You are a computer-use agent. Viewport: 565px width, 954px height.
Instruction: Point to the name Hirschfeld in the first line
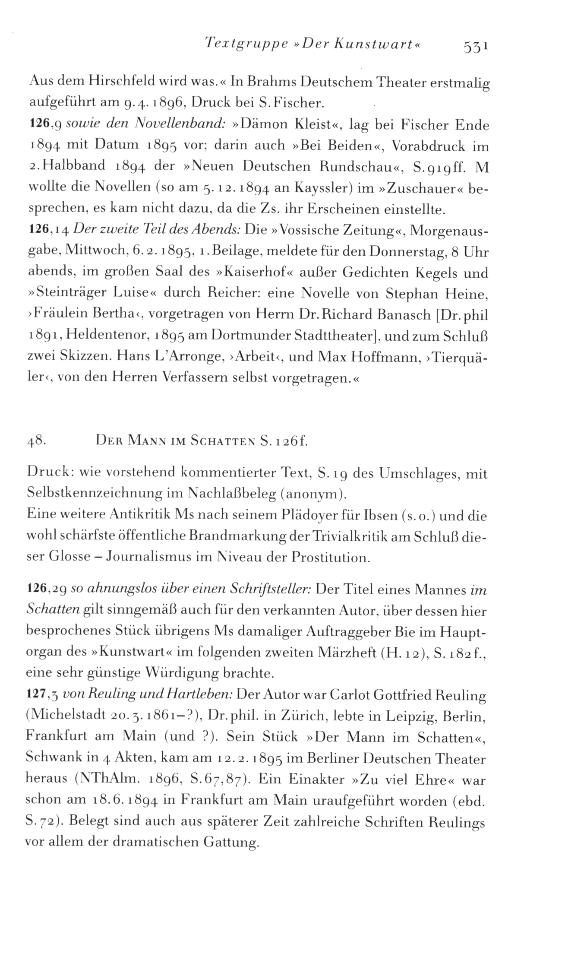coord(114,82)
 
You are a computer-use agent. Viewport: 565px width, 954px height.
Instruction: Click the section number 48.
coord(36,442)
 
